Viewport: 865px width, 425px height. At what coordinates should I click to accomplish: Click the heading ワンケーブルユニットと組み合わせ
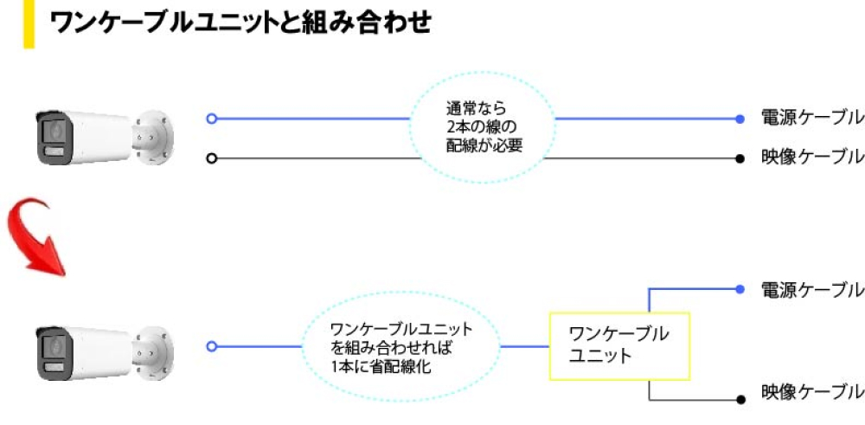[x=240, y=23]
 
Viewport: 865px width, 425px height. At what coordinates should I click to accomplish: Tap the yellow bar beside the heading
[x=29, y=23]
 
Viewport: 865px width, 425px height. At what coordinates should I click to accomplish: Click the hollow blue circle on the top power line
[x=211, y=119]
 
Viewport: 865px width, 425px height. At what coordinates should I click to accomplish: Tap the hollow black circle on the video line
[x=211, y=158]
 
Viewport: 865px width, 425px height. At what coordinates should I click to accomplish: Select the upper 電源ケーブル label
[x=811, y=118]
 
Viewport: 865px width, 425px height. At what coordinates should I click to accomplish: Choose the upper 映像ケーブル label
[x=811, y=158]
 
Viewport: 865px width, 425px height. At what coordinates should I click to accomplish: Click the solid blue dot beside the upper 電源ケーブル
[x=740, y=119]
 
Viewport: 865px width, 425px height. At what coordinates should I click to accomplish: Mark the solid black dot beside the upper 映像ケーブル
[x=740, y=158]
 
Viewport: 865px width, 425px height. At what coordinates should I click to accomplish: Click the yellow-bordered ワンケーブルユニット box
[x=619, y=345]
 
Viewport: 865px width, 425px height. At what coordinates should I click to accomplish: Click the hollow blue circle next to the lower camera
[x=211, y=346]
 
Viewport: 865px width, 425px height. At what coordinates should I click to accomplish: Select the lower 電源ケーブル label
[x=811, y=289]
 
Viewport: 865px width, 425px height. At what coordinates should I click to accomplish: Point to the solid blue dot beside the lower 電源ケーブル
[x=740, y=289]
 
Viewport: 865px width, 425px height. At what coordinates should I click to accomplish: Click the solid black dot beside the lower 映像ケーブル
[x=740, y=399]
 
